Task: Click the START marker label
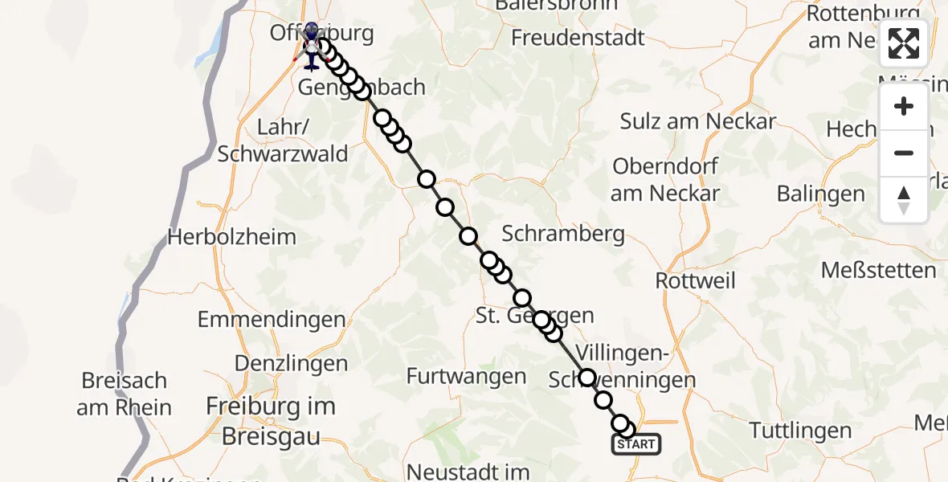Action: coord(636,444)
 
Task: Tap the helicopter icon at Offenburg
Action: coord(312,47)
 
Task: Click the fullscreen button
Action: coord(904,43)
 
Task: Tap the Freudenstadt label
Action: coord(578,37)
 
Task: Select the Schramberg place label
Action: coord(563,234)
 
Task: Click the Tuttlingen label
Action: coord(800,430)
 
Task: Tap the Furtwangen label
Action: coord(466,375)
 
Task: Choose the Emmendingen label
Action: coord(272,319)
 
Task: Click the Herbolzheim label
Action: coord(231,237)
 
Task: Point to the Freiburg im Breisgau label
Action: coord(270,421)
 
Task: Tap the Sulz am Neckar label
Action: coord(698,121)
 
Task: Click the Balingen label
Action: coord(820,194)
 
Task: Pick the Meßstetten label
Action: coord(878,270)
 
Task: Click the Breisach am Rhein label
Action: coord(124,394)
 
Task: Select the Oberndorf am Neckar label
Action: coord(665,179)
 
